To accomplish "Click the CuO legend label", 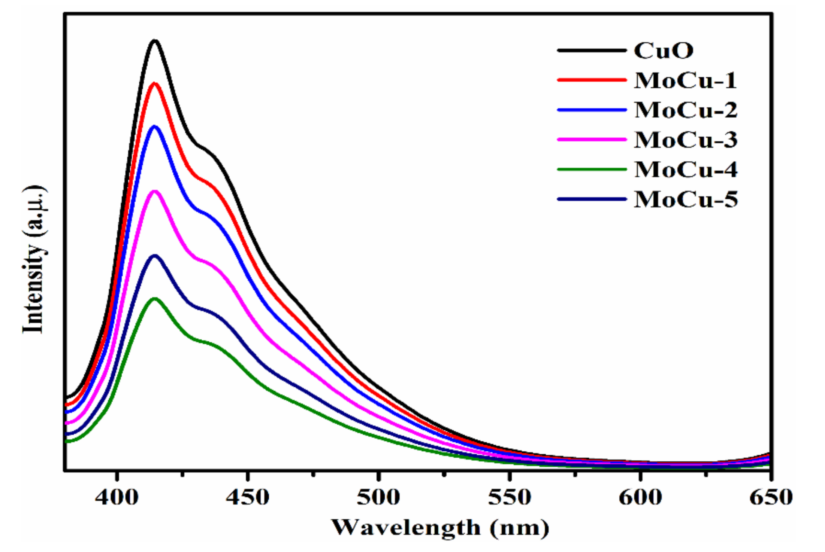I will [x=663, y=51].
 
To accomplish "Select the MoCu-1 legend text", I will [x=685, y=80].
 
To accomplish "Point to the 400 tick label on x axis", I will [x=117, y=498].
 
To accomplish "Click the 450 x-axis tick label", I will [x=248, y=498].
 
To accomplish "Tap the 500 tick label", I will [x=378, y=498].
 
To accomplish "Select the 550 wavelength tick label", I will [x=509, y=498].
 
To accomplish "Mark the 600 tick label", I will [x=640, y=498].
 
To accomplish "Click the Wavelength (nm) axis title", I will [x=440, y=528].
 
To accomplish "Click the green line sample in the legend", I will [x=592, y=170].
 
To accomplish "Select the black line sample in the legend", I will [x=592, y=50].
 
